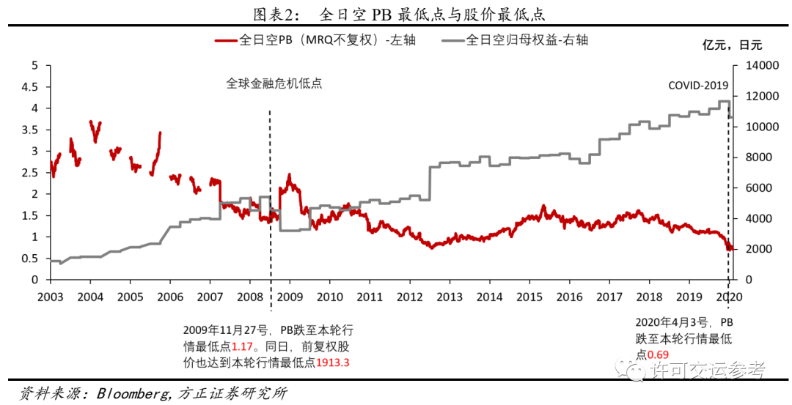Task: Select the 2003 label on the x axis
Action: point(50,297)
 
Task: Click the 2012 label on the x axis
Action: point(409,297)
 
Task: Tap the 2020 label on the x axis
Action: point(728,297)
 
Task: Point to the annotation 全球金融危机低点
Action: point(274,83)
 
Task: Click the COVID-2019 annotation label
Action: point(697,85)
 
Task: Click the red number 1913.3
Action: point(332,361)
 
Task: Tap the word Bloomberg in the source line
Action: point(132,393)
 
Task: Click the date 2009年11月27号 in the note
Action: point(223,330)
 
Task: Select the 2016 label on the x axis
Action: point(568,297)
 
